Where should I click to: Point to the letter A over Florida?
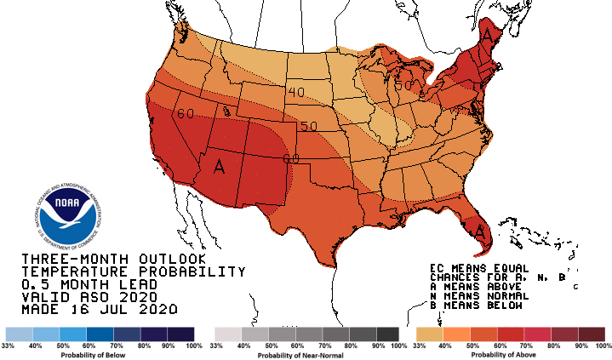(481, 231)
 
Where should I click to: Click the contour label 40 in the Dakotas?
(296, 92)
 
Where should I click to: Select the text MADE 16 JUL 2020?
(101, 310)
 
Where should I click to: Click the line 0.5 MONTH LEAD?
(89, 284)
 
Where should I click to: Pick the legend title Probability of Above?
(509, 355)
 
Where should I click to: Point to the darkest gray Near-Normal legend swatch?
(388, 333)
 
